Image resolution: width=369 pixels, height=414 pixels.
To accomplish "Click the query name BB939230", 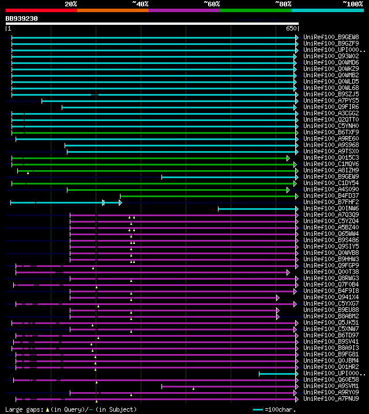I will click(x=22, y=18).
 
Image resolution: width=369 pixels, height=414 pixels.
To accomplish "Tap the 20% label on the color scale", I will click(x=71, y=4).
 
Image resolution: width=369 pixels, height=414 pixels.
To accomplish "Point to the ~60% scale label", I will click(x=212, y=4).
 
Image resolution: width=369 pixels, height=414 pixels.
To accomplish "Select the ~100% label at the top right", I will click(x=352, y=4).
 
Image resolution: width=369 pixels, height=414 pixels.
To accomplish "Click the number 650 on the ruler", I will click(x=291, y=28).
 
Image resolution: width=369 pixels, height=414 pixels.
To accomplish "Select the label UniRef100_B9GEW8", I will click(x=331, y=37).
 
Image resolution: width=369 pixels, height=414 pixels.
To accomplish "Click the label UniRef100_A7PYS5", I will click(x=331, y=101).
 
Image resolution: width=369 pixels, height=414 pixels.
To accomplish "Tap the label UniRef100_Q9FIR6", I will click(x=331, y=107).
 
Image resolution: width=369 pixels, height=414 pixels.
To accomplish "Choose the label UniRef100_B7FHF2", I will click(x=331, y=202).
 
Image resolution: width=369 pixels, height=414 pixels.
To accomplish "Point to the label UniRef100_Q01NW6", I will click(x=331, y=209).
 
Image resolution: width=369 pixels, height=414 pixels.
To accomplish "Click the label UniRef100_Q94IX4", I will click(x=331, y=298).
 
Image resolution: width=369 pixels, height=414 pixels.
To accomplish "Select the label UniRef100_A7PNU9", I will click(x=331, y=399).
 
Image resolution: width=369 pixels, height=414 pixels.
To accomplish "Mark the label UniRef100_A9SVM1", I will click(x=331, y=386).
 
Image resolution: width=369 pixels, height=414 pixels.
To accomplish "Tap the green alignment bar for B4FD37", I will click(x=208, y=196).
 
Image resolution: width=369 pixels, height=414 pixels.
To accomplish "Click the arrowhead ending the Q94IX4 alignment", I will click(x=277, y=298).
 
